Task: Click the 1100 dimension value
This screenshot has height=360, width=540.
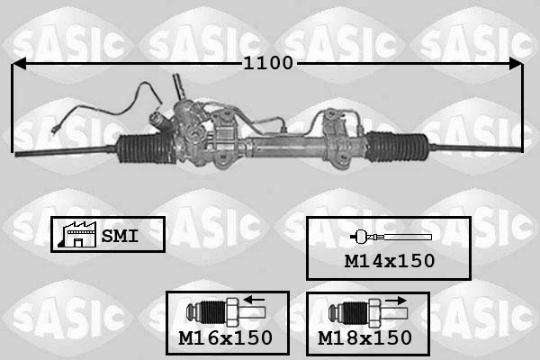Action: click(267, 64)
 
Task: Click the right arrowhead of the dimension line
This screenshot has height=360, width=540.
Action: click(515, 64)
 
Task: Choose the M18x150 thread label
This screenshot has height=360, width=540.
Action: click(365, 338)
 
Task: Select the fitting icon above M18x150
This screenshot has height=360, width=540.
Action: click(360, 311)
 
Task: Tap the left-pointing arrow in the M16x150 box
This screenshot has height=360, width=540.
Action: click(255, 301)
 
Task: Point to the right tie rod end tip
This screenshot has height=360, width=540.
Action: click(517, 148)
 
